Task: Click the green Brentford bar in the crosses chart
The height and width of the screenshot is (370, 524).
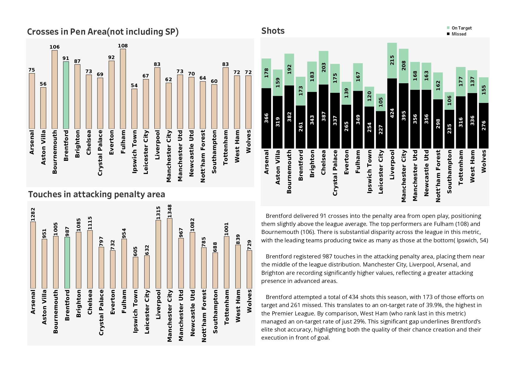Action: click(66, 95)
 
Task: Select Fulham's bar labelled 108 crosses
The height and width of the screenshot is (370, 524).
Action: click(123, 89)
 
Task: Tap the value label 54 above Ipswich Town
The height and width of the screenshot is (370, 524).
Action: click(134, 86)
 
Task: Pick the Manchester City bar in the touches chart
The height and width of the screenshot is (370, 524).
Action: click(170, 253)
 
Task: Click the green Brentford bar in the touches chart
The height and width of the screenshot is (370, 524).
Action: click(67, 263)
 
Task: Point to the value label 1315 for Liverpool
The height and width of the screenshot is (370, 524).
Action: click(158, 212)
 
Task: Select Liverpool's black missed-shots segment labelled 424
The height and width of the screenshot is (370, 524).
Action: click(392, 113)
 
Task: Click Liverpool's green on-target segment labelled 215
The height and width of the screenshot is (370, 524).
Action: click(392, 61)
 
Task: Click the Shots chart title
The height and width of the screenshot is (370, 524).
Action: click(273, 31)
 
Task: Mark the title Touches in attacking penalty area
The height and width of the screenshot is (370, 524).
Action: click(96, 195)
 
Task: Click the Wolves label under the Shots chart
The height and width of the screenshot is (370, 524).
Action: click(484, 161)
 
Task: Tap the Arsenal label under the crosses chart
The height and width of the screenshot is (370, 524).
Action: click(32, 142)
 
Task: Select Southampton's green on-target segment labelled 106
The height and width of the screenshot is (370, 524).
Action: click(449, 101)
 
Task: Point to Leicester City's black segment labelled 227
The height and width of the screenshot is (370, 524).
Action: click(381, 129)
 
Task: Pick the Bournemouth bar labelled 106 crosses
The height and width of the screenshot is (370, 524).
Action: click(55, 90)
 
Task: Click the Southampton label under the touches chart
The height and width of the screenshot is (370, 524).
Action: click(215, 311)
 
